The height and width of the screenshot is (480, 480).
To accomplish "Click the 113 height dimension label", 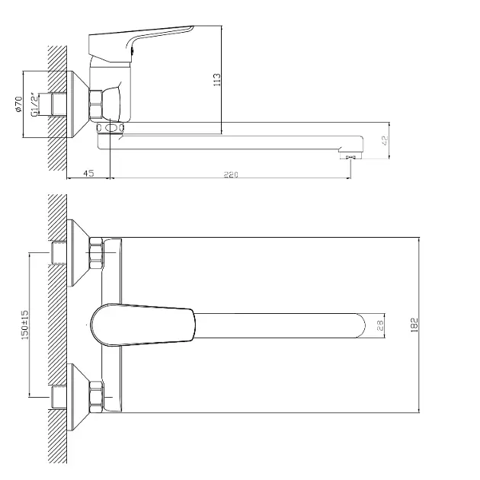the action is click(x=216, y=79).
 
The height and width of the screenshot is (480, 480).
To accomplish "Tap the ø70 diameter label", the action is click(x=19, y=104).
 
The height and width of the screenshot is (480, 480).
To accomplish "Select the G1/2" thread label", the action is click(x=35, y=104).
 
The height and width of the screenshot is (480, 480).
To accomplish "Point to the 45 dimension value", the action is click(x=88, y=173).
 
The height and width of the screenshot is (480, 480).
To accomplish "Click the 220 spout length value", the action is click(x=231, y=174).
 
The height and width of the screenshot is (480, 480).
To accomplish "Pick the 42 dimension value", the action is click(x=385, y=140).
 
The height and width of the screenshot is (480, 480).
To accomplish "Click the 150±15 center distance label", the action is click(x=24, y=325).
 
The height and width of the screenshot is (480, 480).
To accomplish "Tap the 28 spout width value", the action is click(x=380, y=325).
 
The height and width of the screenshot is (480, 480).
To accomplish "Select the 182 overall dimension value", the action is click(x=414, y=325).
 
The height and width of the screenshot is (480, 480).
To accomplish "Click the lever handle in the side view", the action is click(x=141, y=43).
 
